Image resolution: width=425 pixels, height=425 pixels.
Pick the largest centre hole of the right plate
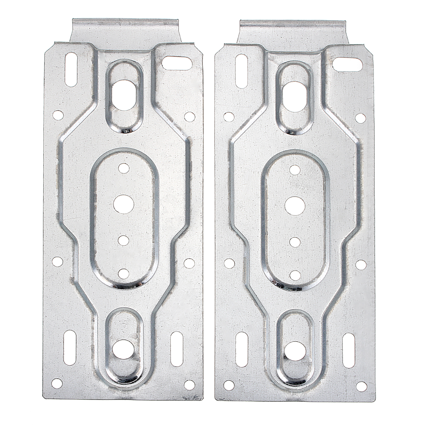[294, 205]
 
